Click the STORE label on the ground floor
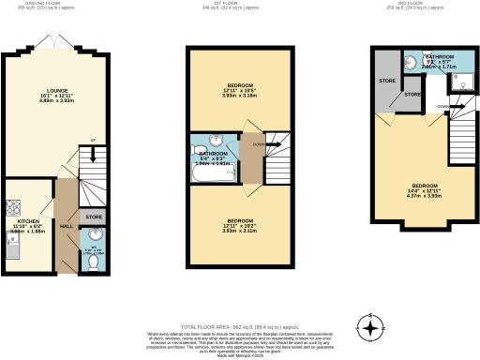click(94, 218)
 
